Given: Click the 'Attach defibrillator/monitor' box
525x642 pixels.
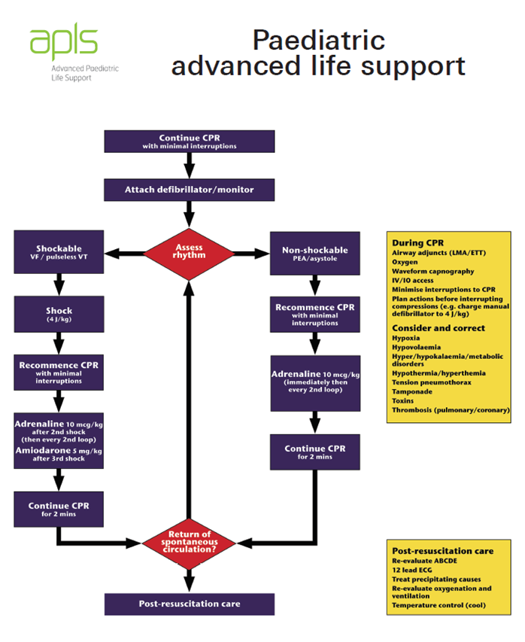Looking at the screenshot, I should coord(189,190).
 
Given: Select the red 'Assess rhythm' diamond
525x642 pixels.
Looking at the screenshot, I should coord(189,252).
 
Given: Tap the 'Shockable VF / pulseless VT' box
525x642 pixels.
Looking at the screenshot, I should coord(59,252).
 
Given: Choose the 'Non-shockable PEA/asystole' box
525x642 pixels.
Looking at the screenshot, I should coord(314,253).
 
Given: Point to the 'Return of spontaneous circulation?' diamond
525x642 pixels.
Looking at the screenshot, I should coord(189,540).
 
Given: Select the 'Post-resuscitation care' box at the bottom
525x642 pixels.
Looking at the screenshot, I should coord(189,604).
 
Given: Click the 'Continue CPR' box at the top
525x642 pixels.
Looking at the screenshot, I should coord(189,141).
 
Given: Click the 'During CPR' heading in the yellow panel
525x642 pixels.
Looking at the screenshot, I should coord(417,243).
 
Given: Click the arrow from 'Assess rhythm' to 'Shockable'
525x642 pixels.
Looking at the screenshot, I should coord(124,253).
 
